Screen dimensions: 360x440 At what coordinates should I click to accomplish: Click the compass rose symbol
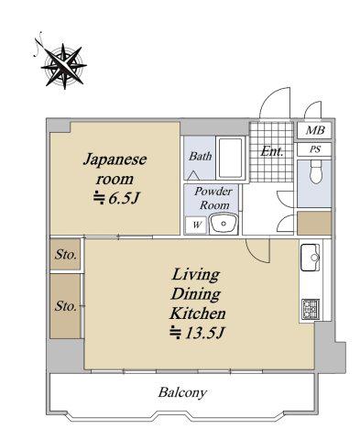click(63, 65)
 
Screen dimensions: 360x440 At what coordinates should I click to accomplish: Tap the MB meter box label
click(315, 130)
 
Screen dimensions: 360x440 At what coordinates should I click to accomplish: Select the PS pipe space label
click(315, 149)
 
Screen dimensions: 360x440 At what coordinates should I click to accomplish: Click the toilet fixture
click(316, 172)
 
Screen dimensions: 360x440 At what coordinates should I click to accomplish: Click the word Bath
click(200, 156)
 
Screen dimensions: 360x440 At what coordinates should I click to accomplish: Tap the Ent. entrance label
click(271, 151)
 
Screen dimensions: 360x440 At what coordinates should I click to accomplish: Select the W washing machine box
click(197, 225)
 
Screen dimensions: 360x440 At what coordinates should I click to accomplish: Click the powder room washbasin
click(224, 224)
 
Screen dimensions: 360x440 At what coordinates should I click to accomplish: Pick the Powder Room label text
click(213, 198)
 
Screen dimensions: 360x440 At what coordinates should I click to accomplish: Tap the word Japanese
click(115, 160)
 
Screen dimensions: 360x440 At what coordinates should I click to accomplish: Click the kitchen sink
click(311, 258)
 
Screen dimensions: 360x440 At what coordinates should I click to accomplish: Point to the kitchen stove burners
click(311, 309)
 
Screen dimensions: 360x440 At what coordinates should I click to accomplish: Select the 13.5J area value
click(197, 333)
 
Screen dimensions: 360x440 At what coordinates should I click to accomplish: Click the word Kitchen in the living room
click(198, 313)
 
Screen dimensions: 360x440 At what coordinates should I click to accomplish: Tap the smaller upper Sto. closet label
click(65, 255)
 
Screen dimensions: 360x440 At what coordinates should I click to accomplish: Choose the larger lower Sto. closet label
click(65, 306)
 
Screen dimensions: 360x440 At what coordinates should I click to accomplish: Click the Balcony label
click(182, 392)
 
